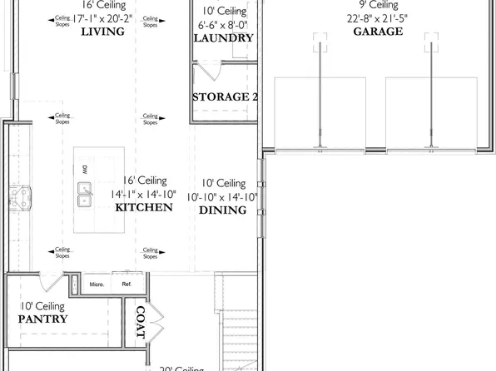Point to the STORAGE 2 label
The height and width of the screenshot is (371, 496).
(225, 96)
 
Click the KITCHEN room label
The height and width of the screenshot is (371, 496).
(143, 207)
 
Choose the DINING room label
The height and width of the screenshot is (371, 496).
(222, 210)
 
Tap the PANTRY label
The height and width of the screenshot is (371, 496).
(43, 319)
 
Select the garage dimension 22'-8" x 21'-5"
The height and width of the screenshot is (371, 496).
(379, 17)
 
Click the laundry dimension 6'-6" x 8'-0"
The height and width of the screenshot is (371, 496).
(225, 25)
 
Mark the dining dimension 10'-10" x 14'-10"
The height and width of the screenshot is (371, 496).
(224, 197)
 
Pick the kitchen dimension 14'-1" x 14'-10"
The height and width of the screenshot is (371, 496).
(143, 194)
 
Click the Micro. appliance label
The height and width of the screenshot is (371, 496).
(98, 284)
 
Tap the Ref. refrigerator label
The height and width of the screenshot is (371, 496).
(126, 284)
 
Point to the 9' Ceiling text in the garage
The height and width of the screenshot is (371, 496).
(379, 4)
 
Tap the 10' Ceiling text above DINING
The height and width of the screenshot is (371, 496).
(224, 183)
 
